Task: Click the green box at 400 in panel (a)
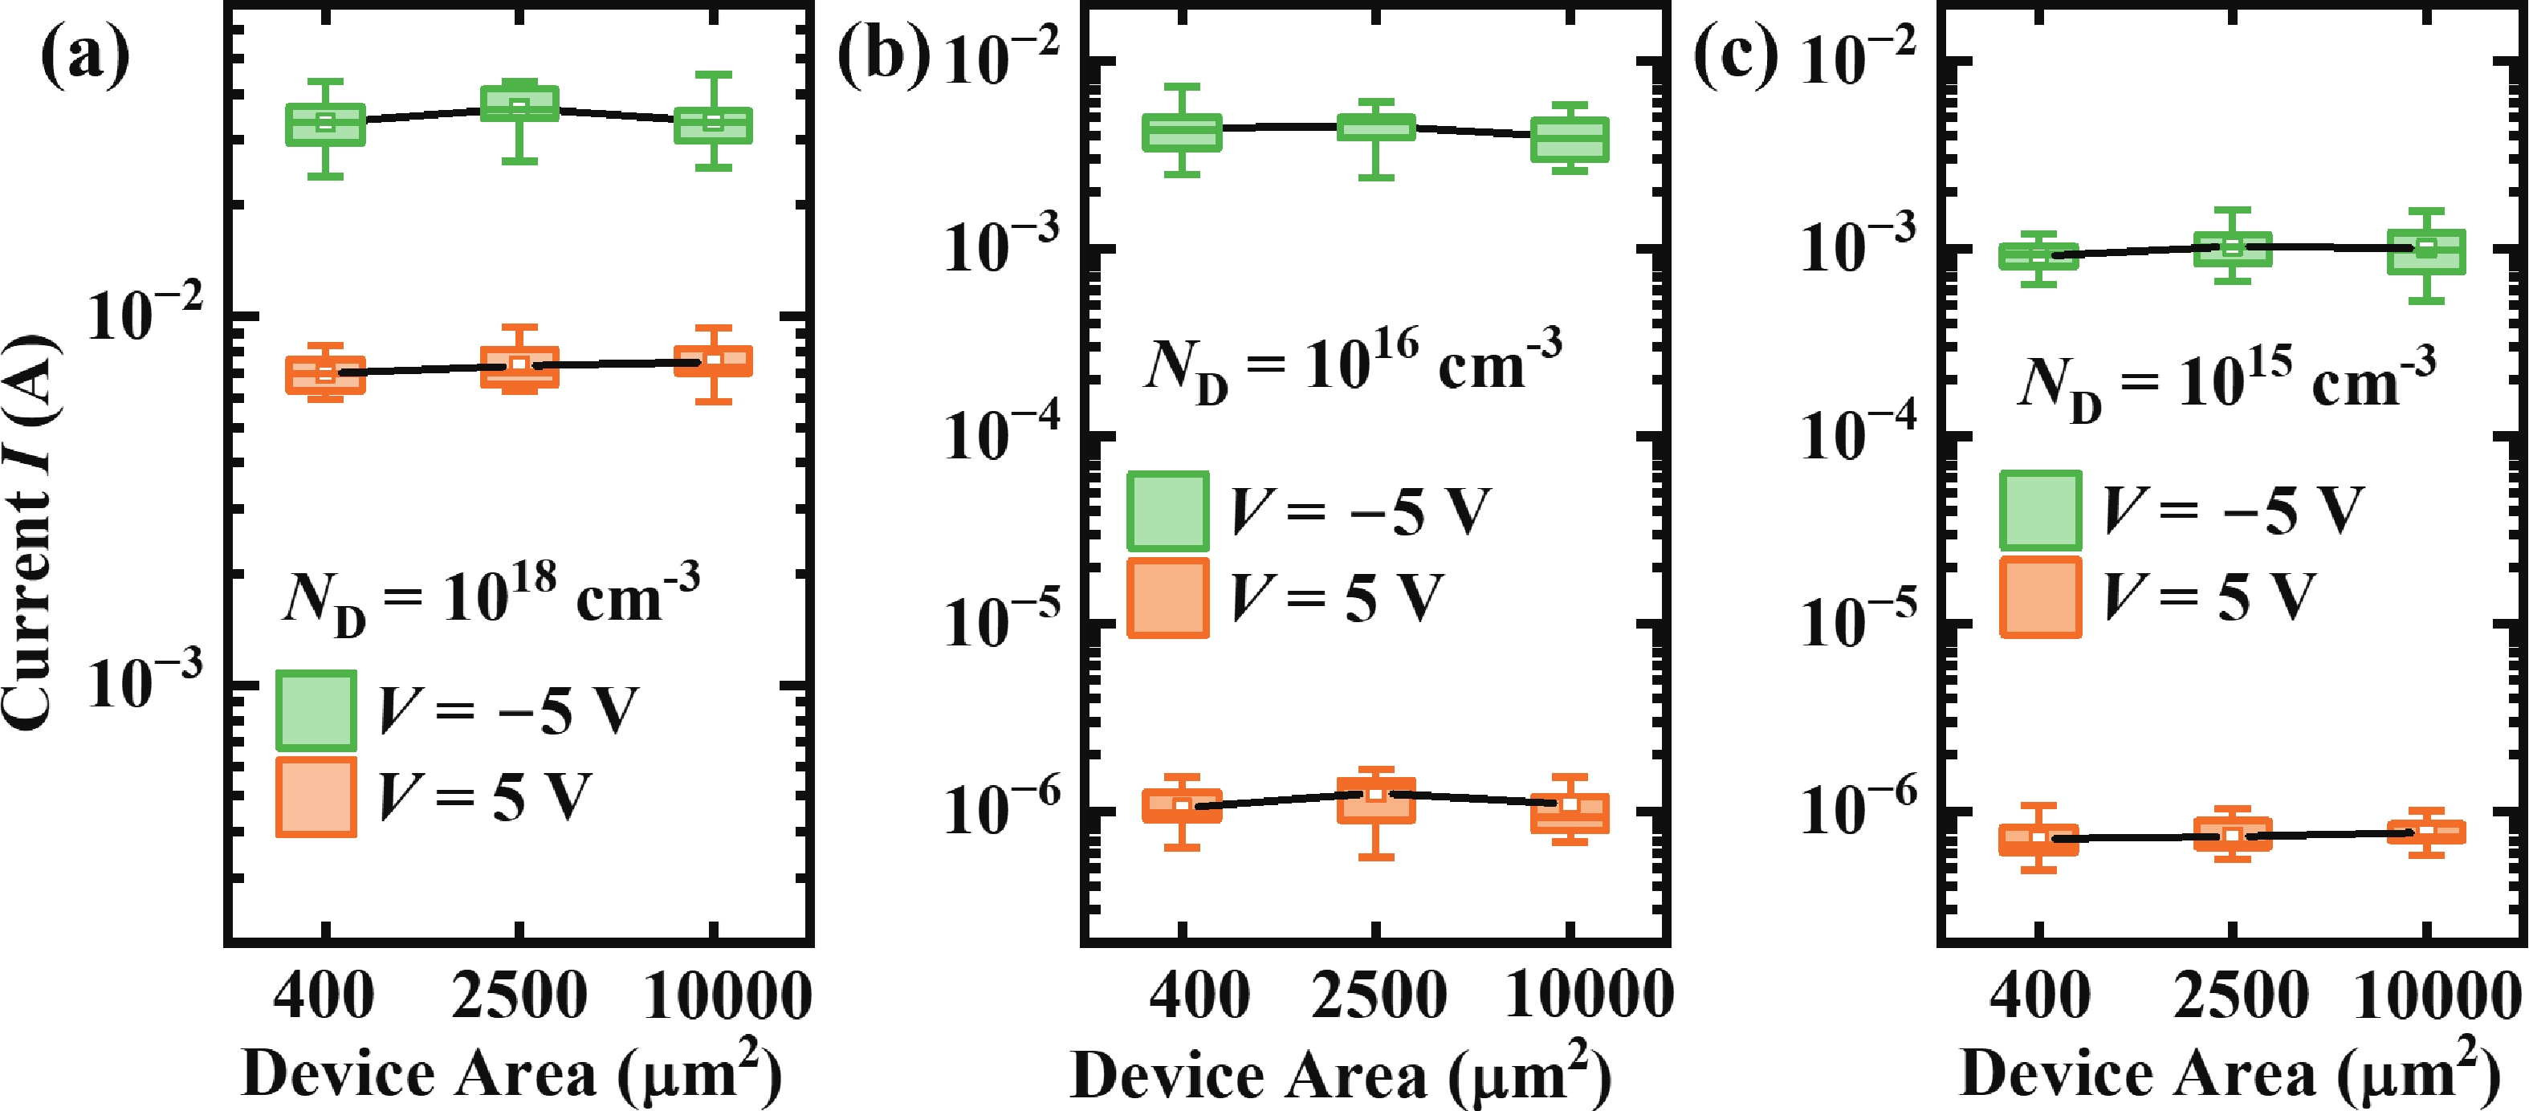(x=326, y=124)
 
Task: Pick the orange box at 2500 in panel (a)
(x=519, y=367)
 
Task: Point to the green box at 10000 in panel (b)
(x=1570, y=140)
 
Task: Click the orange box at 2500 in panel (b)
(x=1376, y=800)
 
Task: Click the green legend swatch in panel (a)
(x=316, y=710)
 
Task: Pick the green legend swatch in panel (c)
(x=2040, y=511)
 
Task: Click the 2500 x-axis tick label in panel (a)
(x=519, y=995)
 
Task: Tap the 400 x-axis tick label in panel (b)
(x=1199, y=995)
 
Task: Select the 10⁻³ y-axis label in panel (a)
(x=145, y=681)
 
